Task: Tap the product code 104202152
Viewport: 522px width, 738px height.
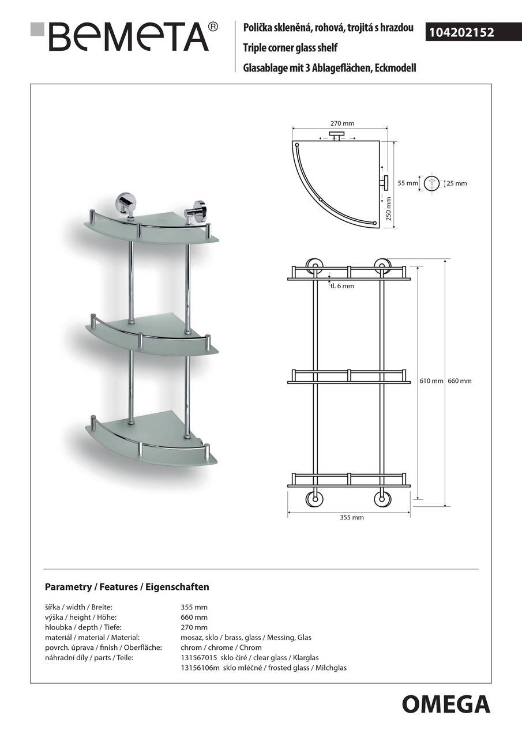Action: [460, 33]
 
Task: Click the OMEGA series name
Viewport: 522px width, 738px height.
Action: [446, 705]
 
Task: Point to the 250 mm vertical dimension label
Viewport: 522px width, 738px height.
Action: [388, 208]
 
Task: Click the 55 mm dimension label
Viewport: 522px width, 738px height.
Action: [407, 183]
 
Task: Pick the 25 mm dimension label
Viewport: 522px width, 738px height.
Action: [457, 183]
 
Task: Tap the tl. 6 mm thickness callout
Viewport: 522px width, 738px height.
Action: [341, 286]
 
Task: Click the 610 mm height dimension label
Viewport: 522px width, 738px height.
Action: [431, 381]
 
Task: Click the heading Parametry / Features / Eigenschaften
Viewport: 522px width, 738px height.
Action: [127, 587]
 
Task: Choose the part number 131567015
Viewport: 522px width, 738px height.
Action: [199, 657]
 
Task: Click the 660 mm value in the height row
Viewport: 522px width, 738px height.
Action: [194, 617]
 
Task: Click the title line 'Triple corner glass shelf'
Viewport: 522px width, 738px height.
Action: [290, 48]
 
